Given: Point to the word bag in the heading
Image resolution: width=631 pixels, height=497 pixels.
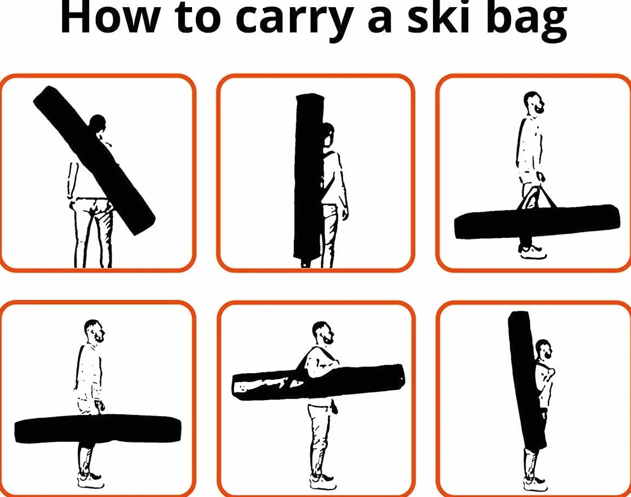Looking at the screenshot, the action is tap(525, 20).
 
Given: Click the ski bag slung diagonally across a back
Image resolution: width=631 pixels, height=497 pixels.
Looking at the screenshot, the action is tap(94, 160).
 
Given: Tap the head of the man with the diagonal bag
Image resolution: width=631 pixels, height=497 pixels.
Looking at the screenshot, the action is tap(97, 122).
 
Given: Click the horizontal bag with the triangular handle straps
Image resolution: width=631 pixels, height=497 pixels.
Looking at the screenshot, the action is tap(537, 221).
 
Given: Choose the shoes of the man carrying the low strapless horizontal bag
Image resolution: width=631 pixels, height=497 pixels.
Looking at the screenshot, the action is tap(91, 480).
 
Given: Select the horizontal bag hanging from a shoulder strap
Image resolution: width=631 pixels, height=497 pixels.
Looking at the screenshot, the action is tap(318, 382).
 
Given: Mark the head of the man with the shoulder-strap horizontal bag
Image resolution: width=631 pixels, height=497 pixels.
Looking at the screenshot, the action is tap(323, 332).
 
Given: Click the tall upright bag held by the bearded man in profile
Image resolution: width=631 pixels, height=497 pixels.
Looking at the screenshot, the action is tap(526, 380).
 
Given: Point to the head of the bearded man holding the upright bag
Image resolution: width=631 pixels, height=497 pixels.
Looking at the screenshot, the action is tap(544, 351).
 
